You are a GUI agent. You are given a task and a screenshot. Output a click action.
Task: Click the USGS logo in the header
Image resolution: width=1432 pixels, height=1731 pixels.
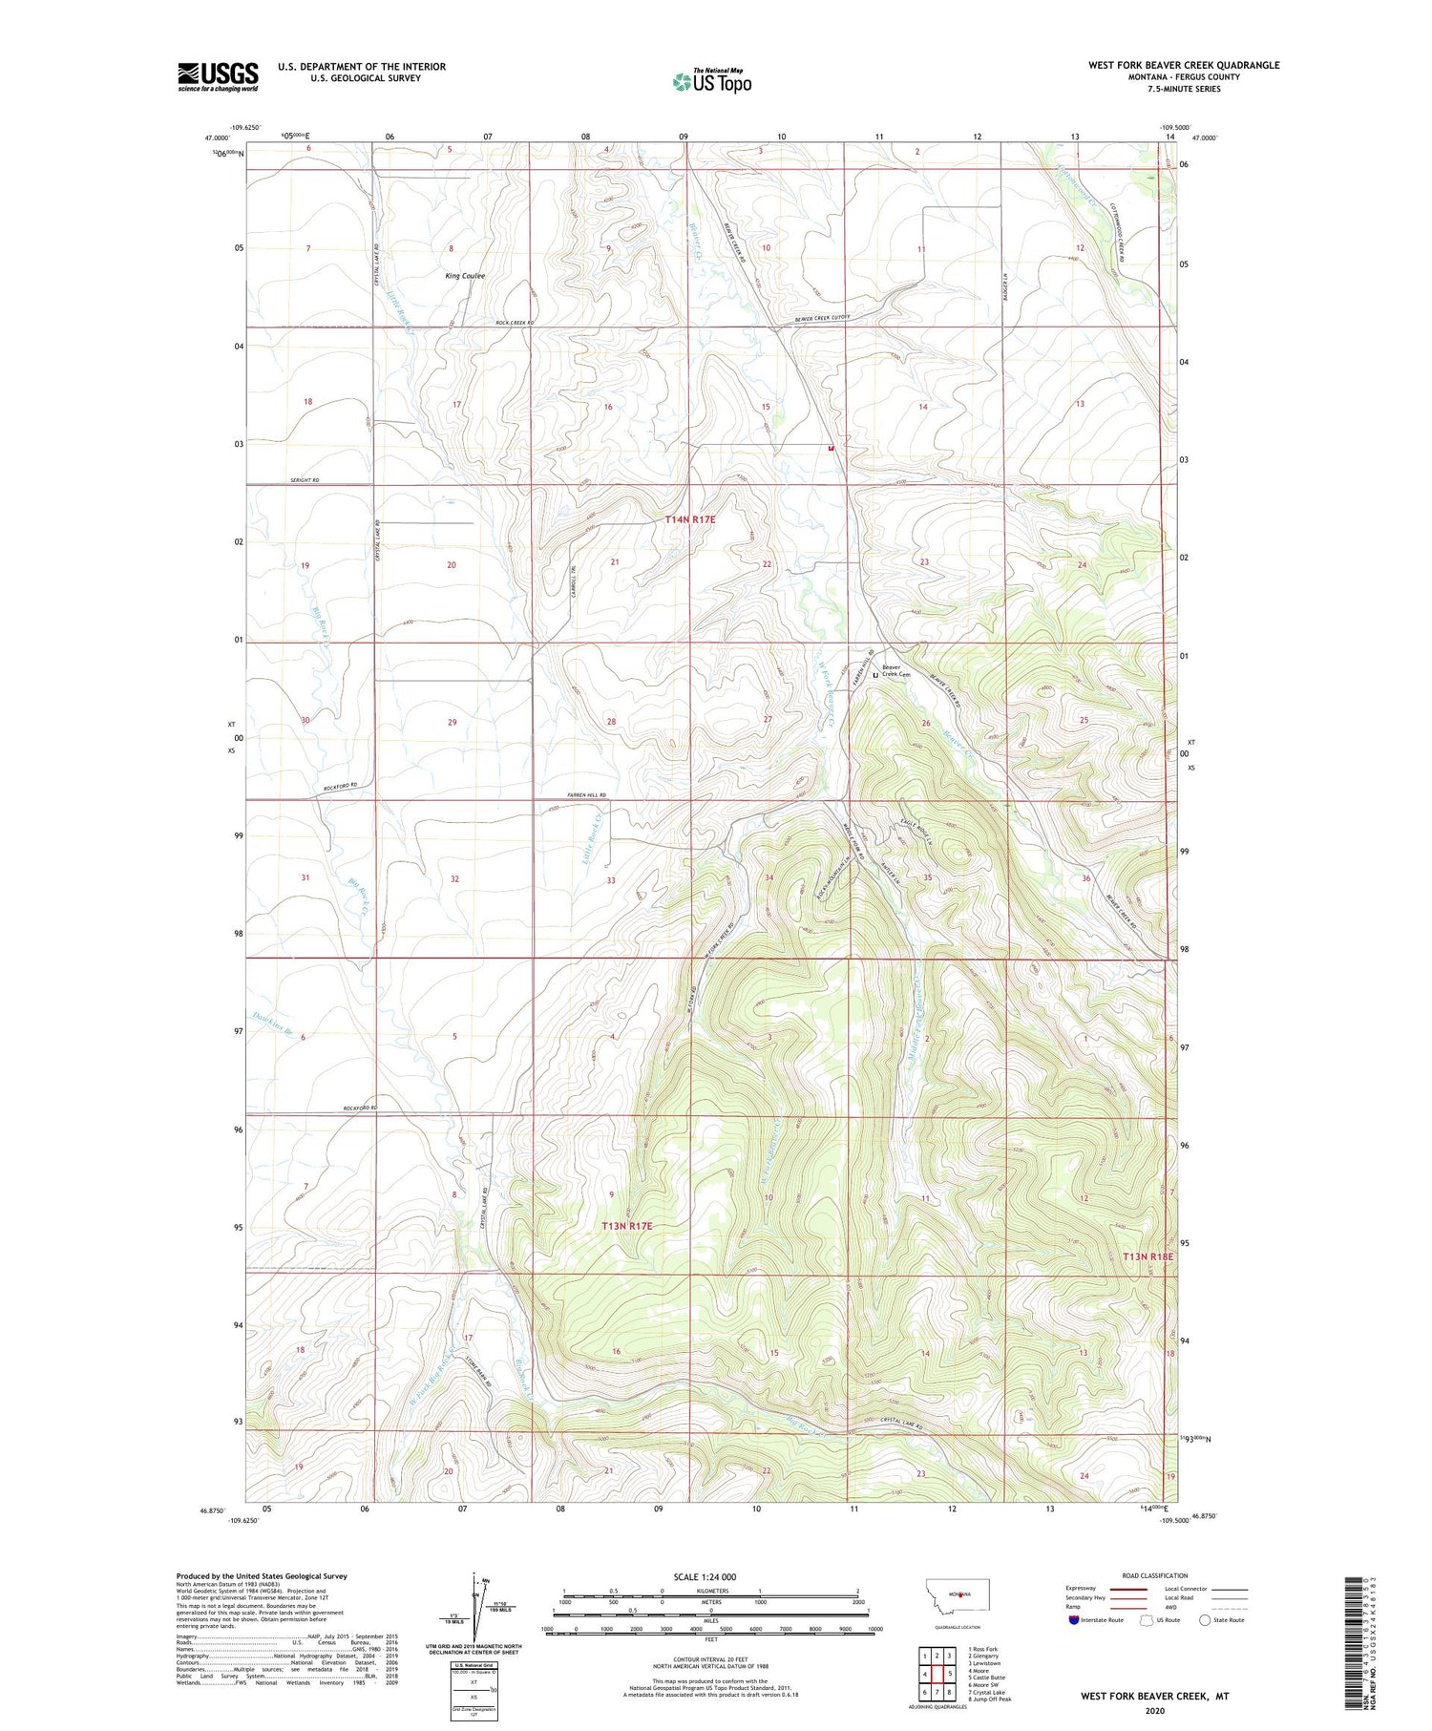(x=218, y=76)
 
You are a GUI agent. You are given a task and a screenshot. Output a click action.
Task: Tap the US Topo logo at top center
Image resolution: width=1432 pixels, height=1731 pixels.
(x=711, y=82)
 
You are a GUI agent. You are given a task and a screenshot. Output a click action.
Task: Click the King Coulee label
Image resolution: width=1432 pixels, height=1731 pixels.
(x=465, y=276)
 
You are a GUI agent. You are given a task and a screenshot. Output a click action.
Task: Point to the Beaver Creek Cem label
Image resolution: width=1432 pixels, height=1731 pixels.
(x=895, y=671)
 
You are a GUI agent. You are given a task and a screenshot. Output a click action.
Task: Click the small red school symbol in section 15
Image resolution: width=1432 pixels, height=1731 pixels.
(x=832, y=447)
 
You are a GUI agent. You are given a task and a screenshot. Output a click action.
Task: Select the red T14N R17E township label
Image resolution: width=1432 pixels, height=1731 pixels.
(x=690, y=519)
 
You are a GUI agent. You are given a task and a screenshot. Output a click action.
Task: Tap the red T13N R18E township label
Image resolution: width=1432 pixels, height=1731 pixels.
(x=1147, y=1256)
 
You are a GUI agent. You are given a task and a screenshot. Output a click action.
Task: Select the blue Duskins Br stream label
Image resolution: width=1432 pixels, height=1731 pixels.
(x=272, y=1024)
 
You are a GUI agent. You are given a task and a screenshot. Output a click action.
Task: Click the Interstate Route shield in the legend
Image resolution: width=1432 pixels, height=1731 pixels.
(x=1075, y=1619)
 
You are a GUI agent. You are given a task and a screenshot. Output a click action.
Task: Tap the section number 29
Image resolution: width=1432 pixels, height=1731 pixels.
(x=453, y=722)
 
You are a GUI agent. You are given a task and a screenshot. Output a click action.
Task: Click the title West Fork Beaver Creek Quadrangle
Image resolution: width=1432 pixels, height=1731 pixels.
(x=1184, y=65)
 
